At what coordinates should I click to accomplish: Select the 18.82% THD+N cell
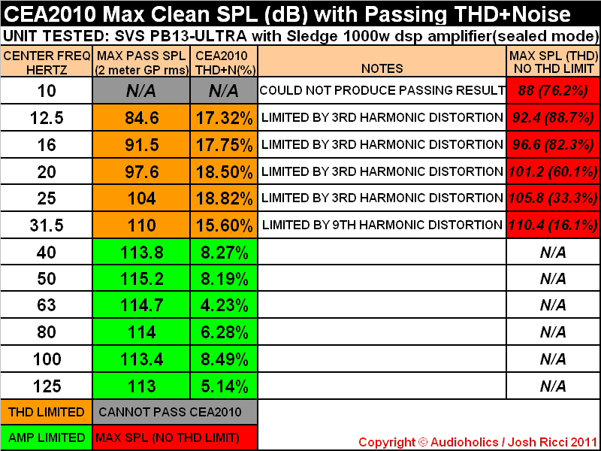[223, 198]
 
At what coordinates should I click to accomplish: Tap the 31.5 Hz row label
[47, 225]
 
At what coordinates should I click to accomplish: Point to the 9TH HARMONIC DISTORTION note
[382, 225]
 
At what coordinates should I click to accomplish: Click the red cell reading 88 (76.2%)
[553, 91]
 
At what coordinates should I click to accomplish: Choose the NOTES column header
[382, 68]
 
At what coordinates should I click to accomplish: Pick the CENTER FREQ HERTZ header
[47, 62]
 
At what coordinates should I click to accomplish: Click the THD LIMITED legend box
[47, 412]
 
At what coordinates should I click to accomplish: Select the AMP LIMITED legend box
[47, 437]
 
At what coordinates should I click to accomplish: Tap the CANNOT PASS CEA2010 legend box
[174, 412]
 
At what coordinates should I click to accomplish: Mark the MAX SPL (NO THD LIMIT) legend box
[174, 437]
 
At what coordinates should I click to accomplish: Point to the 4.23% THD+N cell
[223, 305]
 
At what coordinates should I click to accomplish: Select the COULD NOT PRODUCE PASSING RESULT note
[382, 91]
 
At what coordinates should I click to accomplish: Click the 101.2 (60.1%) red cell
[553, 172]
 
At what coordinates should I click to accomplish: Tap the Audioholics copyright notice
[477, 442]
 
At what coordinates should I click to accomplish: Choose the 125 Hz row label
[47, 386]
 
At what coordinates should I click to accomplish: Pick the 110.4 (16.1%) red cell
[553, 225]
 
